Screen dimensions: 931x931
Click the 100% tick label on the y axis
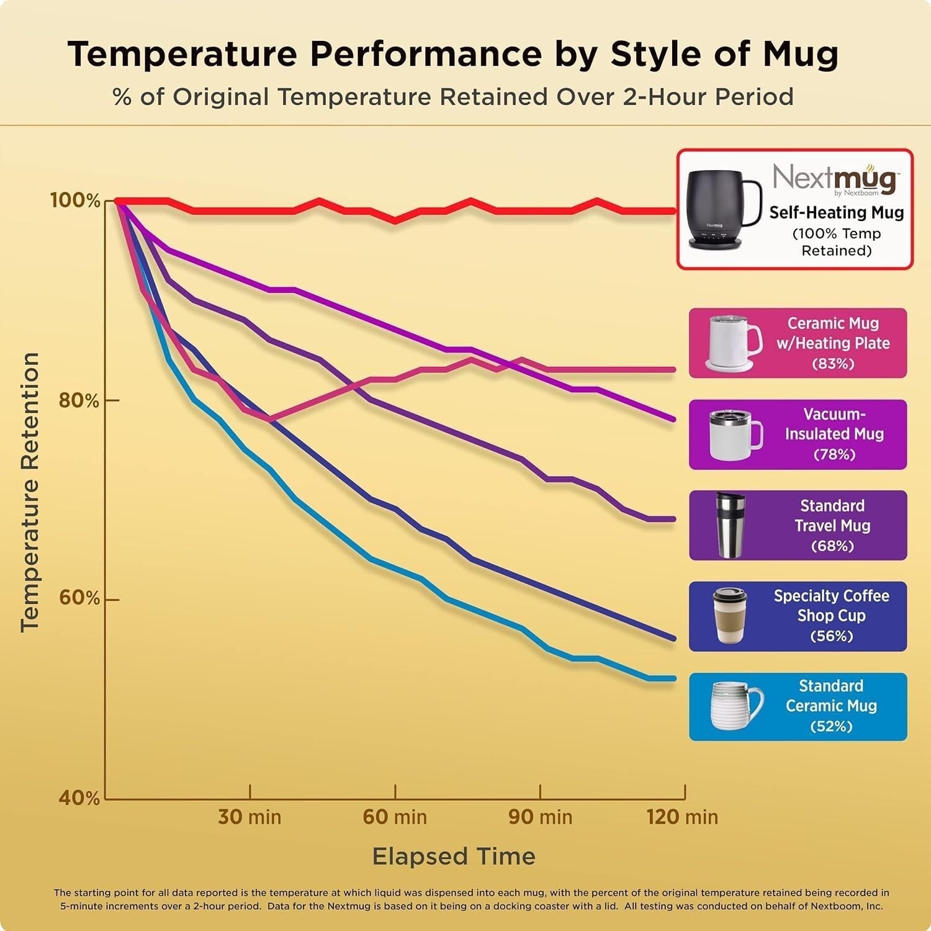click(75, 200)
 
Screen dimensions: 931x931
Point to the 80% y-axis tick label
click(79, 400)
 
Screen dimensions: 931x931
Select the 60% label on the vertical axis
click(79, 598)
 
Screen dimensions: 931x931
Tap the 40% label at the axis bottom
click(79, 798)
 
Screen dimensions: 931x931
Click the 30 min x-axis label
click(250, 817)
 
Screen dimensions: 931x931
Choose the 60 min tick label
click(395, 817)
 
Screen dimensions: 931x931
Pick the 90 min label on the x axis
click(540, 817)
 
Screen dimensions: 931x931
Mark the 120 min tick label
click(682, 817)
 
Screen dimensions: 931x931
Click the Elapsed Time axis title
click(454, 857)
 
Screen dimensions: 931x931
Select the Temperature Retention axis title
click(30, 493)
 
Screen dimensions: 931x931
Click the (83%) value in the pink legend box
click(833, 364)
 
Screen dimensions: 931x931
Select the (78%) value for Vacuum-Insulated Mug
click(834, 455)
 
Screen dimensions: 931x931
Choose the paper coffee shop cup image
click(729, 616)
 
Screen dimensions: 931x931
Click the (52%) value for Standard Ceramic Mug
click(831, 726)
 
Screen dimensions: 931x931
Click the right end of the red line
click(675, 211)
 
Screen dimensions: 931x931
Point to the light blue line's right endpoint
click(674, 678)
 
